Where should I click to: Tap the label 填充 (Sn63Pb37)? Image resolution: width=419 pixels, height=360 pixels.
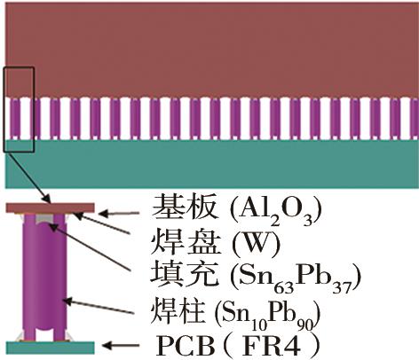[256, 278]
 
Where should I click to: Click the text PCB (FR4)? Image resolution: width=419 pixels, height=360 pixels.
[238, 346]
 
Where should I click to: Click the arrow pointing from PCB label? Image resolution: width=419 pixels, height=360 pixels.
[121, 345]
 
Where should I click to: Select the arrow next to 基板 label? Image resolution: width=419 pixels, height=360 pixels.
[119, 213]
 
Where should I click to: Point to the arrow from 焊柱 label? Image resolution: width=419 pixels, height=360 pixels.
[98, 306]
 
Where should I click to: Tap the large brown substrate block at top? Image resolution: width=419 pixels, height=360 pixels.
[212, 51]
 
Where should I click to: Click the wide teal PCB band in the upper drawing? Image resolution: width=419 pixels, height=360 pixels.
[212, 163]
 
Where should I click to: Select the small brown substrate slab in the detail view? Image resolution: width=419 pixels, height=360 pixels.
[51, 207]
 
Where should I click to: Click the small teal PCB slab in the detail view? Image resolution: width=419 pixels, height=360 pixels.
[51, 348]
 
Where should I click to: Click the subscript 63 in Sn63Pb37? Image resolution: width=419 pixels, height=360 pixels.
[285, 287]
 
